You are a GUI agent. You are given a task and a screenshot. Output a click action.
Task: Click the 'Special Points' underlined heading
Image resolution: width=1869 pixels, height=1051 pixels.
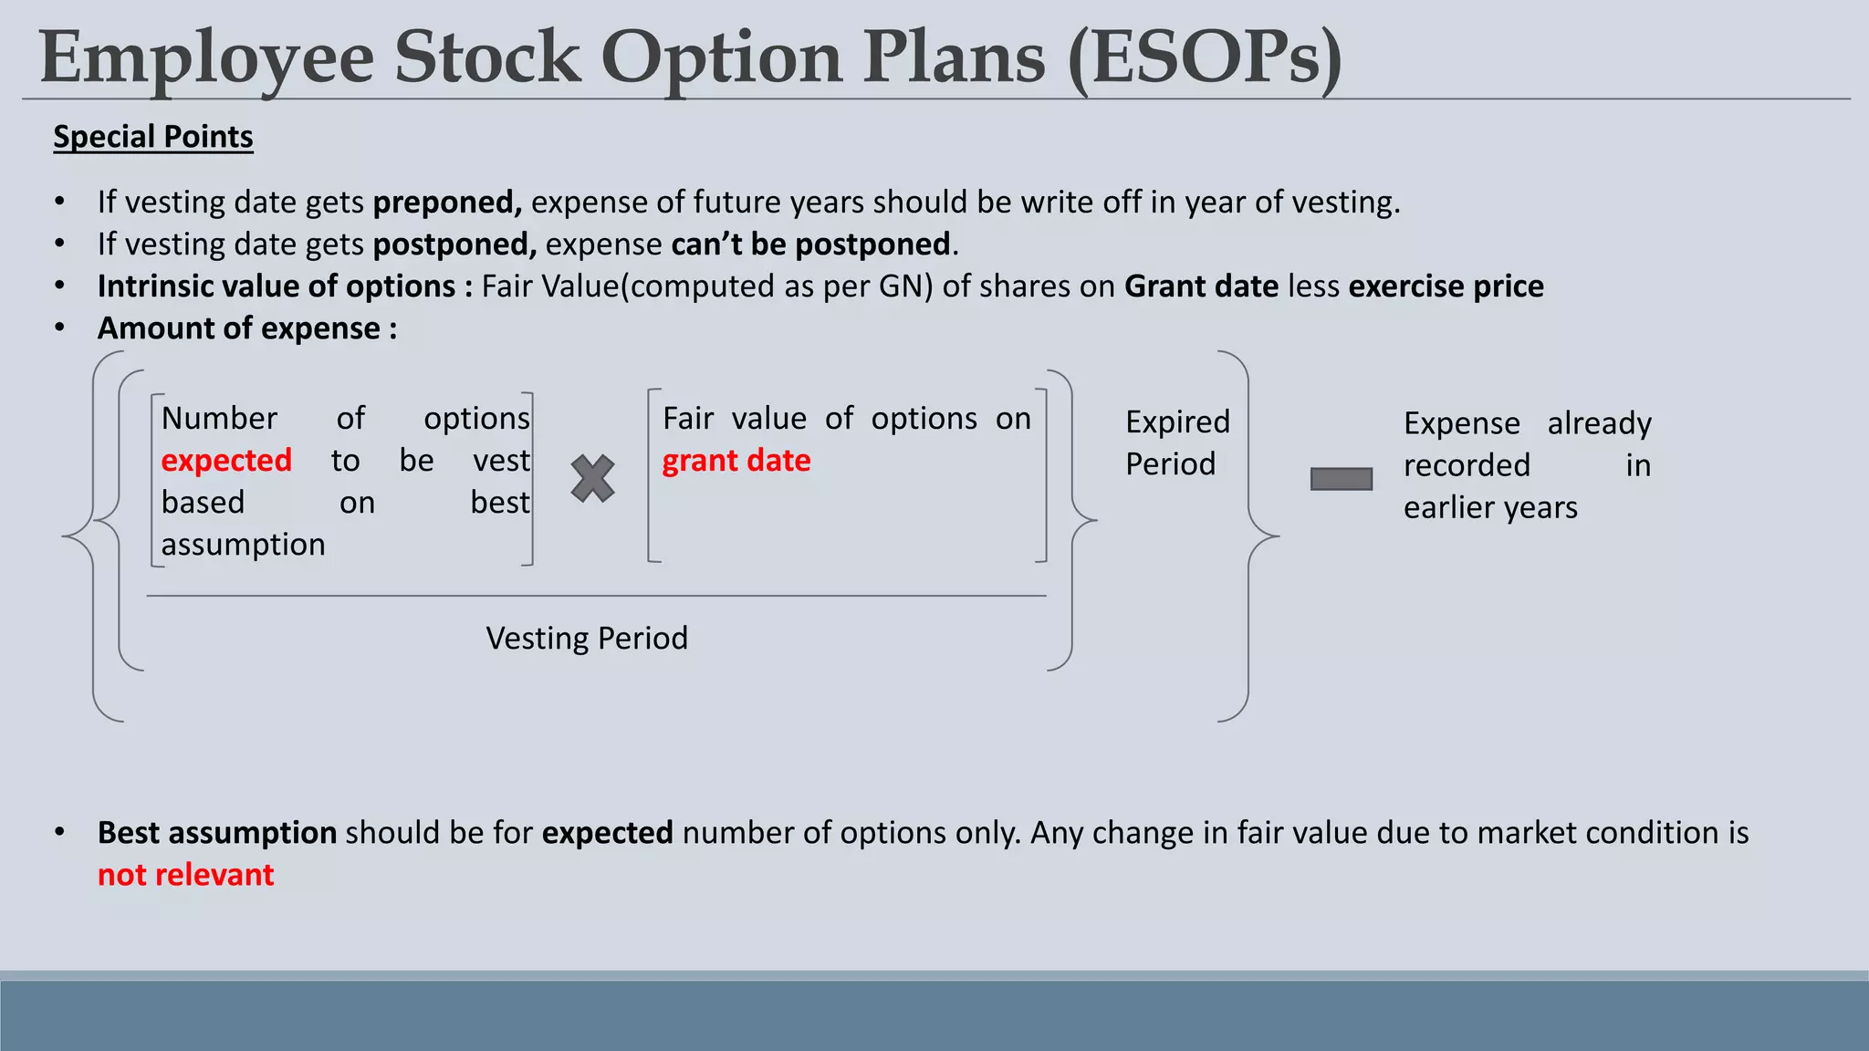[152, 137]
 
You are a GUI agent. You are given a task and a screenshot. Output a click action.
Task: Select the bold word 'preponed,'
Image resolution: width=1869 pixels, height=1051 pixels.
[447, 203]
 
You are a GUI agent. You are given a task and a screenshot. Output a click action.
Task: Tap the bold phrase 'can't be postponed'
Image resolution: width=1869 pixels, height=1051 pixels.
[810, 245]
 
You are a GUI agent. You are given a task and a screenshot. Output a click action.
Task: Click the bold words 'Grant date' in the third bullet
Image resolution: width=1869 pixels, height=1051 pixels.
[1201, 286]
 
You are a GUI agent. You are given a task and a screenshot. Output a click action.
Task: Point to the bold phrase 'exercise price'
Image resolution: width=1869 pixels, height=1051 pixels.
[1446, 286]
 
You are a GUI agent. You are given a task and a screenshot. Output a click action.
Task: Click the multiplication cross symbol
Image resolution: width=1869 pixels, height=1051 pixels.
[593, 479]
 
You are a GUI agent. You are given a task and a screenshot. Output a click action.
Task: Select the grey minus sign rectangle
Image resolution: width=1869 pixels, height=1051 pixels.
[1341, 479]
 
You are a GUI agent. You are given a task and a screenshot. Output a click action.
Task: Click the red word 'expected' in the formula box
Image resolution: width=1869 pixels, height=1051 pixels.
[226, 461]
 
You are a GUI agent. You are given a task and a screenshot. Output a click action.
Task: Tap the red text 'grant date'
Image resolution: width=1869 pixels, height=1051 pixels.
[736, 461]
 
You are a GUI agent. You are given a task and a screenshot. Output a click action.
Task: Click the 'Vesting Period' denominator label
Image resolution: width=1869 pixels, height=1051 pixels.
[587, 638]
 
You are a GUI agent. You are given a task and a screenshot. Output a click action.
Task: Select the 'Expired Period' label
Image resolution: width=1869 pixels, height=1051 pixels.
[1177, 442]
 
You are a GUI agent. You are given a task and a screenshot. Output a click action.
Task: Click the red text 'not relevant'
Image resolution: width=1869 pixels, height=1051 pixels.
[185, 875]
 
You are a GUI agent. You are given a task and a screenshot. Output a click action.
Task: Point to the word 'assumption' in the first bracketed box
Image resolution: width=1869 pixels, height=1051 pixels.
[243, 545]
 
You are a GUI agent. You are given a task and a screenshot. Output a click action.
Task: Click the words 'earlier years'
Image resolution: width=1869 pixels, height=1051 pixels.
[1490, 507]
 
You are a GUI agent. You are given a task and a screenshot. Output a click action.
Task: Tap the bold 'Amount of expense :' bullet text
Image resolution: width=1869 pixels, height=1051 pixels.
[247, 328]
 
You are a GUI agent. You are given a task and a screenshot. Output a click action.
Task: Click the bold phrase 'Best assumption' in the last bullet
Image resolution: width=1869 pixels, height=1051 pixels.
[217, 833]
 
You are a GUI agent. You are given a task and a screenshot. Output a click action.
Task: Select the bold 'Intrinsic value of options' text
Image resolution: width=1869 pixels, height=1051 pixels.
[276, 286]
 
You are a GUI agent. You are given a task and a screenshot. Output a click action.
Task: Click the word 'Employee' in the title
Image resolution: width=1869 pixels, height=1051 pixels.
[206, 58]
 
